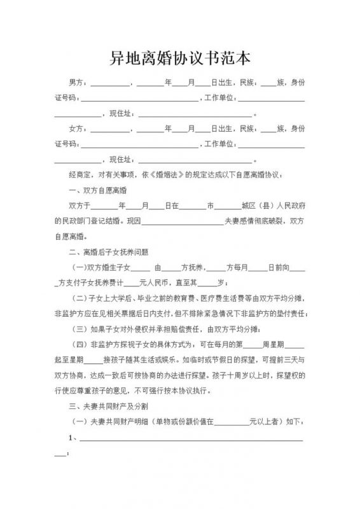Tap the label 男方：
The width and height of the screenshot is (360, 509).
(x=80, y=83)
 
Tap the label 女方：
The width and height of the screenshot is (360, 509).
(x=80, y=129)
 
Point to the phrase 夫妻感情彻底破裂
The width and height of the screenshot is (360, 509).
(x=254, y=221)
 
